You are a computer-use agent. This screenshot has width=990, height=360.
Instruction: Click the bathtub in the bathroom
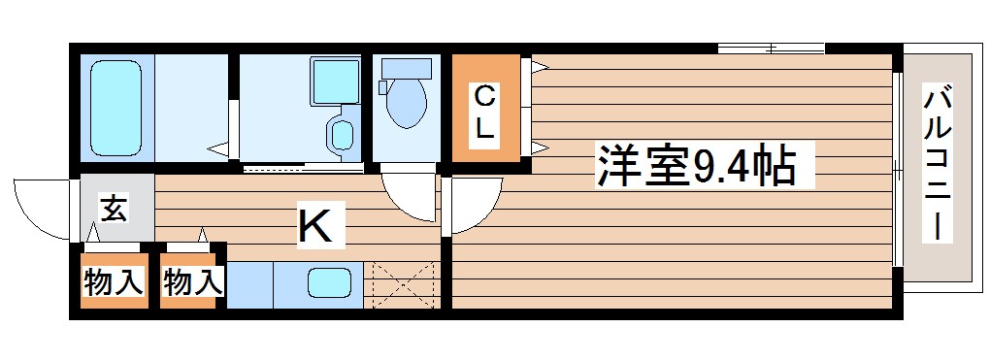[x=115, y=106]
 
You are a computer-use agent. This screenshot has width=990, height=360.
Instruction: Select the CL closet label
[x=485, y=111]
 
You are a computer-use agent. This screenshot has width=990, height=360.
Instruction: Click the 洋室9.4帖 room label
[x=697, y=167]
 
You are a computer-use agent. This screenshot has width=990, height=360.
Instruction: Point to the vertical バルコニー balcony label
[x=937, y=163]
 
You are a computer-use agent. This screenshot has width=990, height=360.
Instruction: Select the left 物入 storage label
[x=114, y=282]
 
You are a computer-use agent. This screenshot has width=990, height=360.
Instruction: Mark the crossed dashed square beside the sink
[x=402, y=284]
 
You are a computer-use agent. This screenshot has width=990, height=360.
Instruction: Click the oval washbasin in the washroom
[x=341, y=135]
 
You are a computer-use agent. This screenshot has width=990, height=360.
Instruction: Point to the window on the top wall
[x=771, y=48]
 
